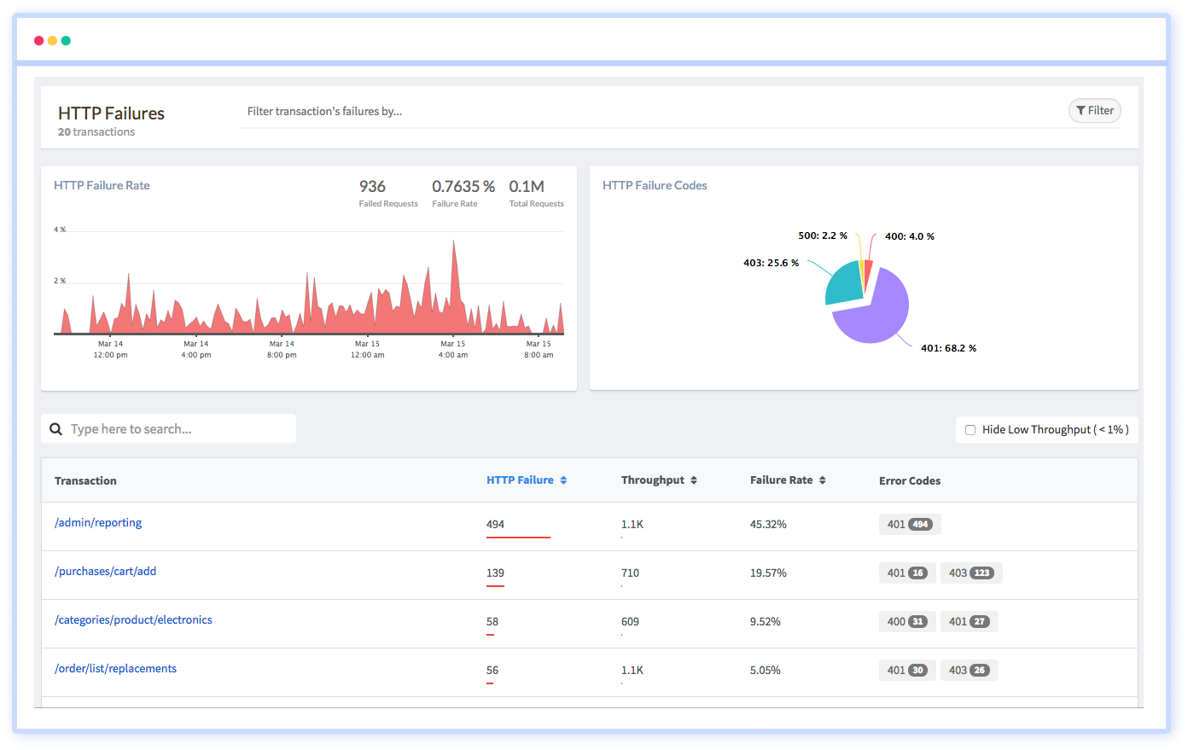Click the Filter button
(1094, 111)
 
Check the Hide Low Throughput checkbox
(970, 430)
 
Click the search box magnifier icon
(56, 429)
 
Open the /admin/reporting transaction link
(98, 523)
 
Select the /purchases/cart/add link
(106, 572)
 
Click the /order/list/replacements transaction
(116, 669)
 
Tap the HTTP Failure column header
(521, 480)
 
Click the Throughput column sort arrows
(694, 480)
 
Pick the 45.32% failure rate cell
(768, 525)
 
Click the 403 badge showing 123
(971, 573)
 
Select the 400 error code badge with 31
(907, 622)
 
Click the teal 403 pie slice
(843, 285)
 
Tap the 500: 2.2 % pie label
(823, 235)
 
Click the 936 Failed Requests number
(372, 187)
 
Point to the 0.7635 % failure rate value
(463, 187)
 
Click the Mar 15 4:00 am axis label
(453, 350)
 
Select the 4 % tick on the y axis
(60, 230)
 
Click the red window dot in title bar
(38, 41)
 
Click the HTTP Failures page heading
(111, 113)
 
